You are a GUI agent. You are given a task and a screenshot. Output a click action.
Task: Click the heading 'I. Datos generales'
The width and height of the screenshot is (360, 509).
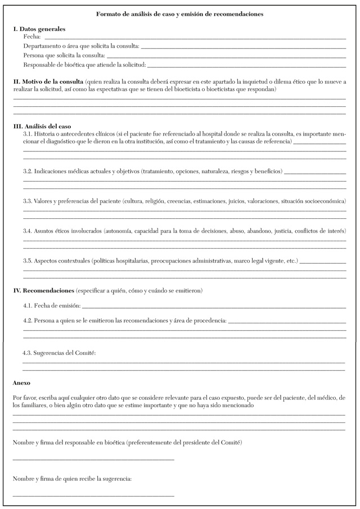coord(39,28)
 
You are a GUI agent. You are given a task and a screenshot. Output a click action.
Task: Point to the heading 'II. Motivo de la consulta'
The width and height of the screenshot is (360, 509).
coord(48,82)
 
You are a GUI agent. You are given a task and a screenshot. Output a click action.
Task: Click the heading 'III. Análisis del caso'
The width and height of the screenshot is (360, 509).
coord(42,126)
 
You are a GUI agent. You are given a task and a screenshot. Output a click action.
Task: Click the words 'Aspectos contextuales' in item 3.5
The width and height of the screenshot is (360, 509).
coord(62,261)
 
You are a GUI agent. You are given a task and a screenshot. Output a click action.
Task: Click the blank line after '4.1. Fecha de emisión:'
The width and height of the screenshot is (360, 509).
coord(214,307)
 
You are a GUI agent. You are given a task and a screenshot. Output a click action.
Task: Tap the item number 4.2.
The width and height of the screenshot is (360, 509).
coord(28,321)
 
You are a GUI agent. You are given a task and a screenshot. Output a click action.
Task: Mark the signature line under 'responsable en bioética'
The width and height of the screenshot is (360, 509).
coord(93,460)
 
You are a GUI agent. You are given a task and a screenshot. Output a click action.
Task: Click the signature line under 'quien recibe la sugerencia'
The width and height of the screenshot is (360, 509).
coord(93,496)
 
